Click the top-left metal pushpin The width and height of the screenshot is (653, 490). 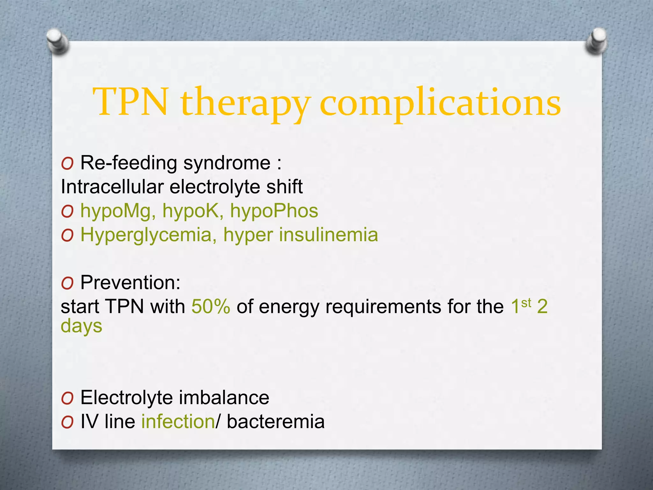click(x=57, y=41)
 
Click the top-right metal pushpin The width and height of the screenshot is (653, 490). click(x=596, y=41)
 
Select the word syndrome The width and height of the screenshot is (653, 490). click(x=227, y=163)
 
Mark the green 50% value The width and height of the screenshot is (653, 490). click(x=211, y=307)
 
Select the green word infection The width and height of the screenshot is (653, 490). click(x=178, y=422)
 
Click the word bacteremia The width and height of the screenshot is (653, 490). click(x=275, y=422)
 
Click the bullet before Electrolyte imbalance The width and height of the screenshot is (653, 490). click(x=68, y=398)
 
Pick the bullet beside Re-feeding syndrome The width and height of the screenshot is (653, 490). click(x=68, y=164)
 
